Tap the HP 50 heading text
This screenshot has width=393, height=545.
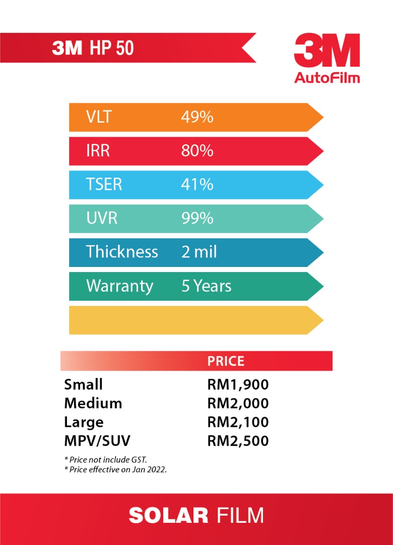click(x=112, y=48)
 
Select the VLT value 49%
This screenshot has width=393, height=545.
click(x=197, y=117)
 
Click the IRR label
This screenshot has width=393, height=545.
click(x=98, y=150)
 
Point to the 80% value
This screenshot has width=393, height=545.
click(x=197, y=150)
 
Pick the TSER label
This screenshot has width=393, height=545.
click(x=104, y=184)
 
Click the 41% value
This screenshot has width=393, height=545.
click(x=197, y=184)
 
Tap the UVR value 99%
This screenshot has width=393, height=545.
click(x=197, y=218)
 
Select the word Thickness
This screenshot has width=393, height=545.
click(x=122, y=252)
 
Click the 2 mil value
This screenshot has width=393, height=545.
click(x=199, y=252)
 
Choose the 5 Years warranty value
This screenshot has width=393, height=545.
click(x=206, y=286)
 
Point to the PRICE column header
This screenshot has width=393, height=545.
click(x=226, y=361)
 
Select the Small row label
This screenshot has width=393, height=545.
click(x=83, y=385)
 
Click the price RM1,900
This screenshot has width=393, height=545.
click(x=238, y=385)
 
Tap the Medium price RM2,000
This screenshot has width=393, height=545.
click(x=238, y=403)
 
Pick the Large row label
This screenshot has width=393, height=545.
click(x=84, y=422)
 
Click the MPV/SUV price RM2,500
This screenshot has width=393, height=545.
click(x=238, y=441)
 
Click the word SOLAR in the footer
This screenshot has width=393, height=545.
click(x=168, y=516)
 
